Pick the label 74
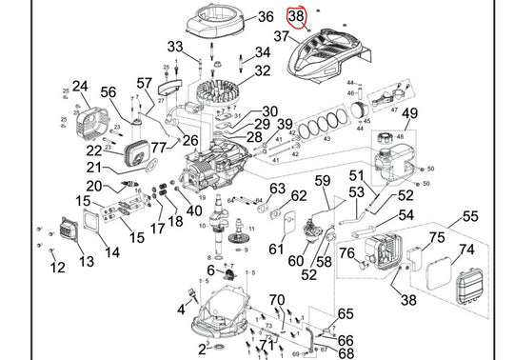pos(466,250)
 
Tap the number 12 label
pos(58,268)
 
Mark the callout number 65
pos(346,313)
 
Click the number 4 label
pos(179,309)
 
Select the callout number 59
pos(323,181)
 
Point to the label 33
pos(174,47)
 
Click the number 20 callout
pos(94,186)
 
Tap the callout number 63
pos(277,189)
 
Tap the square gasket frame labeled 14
pos(100,230)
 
